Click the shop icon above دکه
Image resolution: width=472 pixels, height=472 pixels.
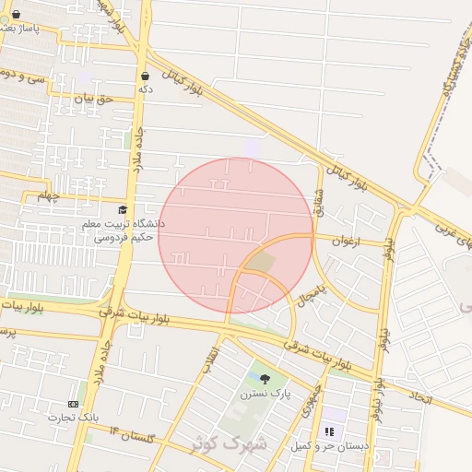pyautogui.click(x=145, y=75)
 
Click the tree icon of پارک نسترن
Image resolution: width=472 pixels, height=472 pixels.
pyautogui.click(x=266, y=378)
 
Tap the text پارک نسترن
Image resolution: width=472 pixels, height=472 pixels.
pyautogui.click(x=266, y=394)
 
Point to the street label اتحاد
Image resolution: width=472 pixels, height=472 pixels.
pyautogui.click(x=419, y=397)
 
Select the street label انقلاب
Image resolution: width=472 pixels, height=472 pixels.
pyautogui.click(x=213, y=355)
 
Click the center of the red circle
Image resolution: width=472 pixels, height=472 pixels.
pyautogui.click(x=236, y=236)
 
